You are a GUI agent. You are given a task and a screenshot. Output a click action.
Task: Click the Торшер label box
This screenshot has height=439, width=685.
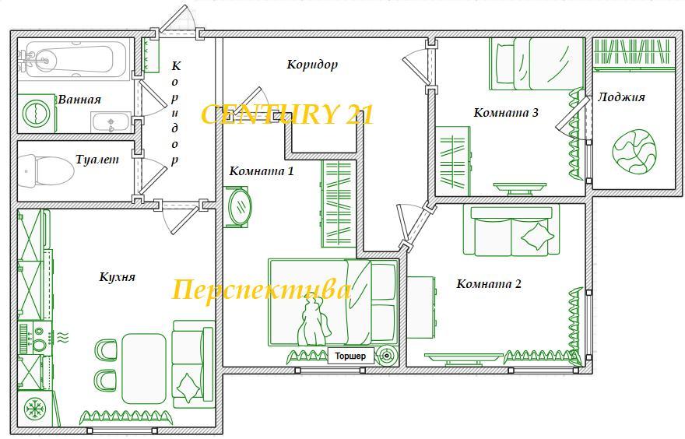click(351, 356)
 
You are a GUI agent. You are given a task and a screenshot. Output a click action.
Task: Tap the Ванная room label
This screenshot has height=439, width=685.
click(79, 100)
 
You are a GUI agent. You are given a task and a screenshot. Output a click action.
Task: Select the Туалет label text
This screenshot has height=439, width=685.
click(97, 160)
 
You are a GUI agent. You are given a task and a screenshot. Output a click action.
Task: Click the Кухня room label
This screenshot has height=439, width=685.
click(118, 277)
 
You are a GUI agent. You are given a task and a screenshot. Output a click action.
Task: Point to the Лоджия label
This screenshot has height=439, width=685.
click(621, 97)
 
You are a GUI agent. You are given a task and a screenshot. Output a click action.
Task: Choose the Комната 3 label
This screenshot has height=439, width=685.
click(506, 113)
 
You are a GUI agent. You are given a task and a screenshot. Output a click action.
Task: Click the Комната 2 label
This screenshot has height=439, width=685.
click(489, 284)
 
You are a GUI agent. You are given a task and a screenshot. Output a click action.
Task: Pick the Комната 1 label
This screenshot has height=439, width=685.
click(262, 170)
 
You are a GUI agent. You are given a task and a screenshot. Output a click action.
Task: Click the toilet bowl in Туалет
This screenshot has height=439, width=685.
click(46, 170)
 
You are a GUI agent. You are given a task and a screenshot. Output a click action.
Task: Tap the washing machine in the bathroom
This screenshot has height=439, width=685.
click(37, 114)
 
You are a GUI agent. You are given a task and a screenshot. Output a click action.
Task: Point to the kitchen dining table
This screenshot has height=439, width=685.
click(144, 369)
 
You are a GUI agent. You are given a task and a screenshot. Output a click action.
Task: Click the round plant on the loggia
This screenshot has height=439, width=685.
click(634, 152)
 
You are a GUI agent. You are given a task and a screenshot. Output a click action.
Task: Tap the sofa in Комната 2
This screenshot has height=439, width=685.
click(511, 230)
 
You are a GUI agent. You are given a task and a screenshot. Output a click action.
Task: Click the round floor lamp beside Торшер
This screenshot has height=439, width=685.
click(387, 356)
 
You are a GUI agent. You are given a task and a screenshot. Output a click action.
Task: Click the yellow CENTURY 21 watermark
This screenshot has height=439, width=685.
click(287, 114)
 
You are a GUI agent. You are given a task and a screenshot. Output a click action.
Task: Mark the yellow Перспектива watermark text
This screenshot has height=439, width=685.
click(262, 290)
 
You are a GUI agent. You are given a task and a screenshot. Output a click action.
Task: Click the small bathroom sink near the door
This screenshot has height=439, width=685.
click(111, 122)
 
